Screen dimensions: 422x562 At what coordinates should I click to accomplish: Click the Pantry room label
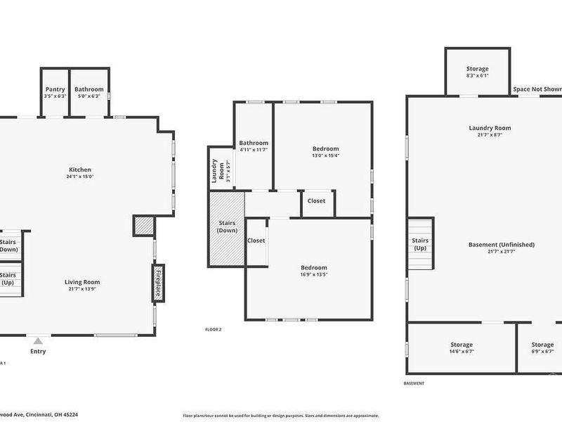point(55,89)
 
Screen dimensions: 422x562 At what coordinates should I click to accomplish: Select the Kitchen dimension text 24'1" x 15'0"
point(80,177)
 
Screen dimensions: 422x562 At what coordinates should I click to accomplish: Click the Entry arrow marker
point(37,341)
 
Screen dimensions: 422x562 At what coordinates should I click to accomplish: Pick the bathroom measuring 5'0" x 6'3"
point(89,92)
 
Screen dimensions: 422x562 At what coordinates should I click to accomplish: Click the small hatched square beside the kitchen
point(143,226)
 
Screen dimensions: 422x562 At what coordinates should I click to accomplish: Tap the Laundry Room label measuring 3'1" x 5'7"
point(218,170)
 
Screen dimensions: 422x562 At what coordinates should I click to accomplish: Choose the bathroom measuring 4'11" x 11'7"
point(253,146)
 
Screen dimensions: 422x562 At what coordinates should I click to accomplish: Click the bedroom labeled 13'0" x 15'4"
point(325,152)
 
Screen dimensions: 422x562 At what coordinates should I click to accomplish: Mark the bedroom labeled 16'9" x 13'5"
point(313,271)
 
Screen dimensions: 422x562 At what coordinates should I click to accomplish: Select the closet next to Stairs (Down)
point(256,241)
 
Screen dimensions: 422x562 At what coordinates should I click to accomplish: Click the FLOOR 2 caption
point(213,329)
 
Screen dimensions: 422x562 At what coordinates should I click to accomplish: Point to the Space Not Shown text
point(536,89)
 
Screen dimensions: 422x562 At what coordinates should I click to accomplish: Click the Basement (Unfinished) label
point(501,245)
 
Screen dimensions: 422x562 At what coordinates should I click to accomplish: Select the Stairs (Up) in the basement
point(420,244)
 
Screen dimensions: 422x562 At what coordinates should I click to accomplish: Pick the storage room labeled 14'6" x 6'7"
point(462,348)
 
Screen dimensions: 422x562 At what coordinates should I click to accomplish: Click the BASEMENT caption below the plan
point(414,383)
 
